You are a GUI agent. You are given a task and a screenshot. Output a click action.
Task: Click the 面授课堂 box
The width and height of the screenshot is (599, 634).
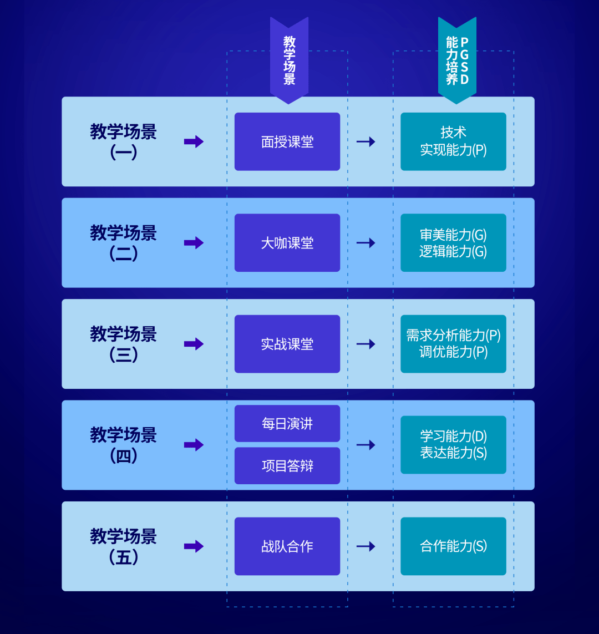287,141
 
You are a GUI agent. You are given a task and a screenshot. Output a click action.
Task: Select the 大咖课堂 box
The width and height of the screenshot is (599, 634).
287,242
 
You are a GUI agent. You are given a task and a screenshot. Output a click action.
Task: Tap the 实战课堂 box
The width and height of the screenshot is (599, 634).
287,344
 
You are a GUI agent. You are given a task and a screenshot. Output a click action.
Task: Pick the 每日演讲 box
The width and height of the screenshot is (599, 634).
287,423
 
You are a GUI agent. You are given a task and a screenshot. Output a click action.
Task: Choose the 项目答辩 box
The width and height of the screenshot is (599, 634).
287,465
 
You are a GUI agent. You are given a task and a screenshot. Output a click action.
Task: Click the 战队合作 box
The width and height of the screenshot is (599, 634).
287,546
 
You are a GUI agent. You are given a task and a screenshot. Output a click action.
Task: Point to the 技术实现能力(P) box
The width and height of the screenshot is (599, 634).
453,141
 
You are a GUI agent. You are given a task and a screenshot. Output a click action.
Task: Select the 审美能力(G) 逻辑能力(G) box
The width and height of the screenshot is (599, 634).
453,242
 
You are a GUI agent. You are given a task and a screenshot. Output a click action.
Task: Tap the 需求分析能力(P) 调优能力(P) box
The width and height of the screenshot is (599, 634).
453,344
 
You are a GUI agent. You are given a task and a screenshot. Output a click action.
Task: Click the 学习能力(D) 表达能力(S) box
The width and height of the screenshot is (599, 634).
453,445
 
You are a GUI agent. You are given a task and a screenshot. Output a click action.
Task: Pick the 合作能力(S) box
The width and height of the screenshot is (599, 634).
453,546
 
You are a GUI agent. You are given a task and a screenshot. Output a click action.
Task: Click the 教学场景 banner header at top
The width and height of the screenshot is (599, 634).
289,60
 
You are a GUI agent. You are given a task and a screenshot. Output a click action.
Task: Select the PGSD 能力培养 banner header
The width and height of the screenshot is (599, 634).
457,60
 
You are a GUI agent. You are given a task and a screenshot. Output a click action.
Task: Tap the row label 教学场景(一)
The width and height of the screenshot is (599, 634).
123,141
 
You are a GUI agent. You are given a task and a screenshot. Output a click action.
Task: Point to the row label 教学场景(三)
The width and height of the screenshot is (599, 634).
123,344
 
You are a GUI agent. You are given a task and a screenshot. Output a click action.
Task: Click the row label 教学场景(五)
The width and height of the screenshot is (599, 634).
123,546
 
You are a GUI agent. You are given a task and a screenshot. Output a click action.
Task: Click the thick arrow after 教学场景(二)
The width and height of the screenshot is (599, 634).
194,242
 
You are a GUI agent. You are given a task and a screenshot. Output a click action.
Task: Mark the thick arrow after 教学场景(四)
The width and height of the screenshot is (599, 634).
194,445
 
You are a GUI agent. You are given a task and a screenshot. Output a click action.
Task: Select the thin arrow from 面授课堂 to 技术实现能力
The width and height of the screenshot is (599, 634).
366,141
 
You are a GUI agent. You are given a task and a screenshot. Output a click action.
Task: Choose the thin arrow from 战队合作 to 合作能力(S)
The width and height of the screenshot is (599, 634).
366,546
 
